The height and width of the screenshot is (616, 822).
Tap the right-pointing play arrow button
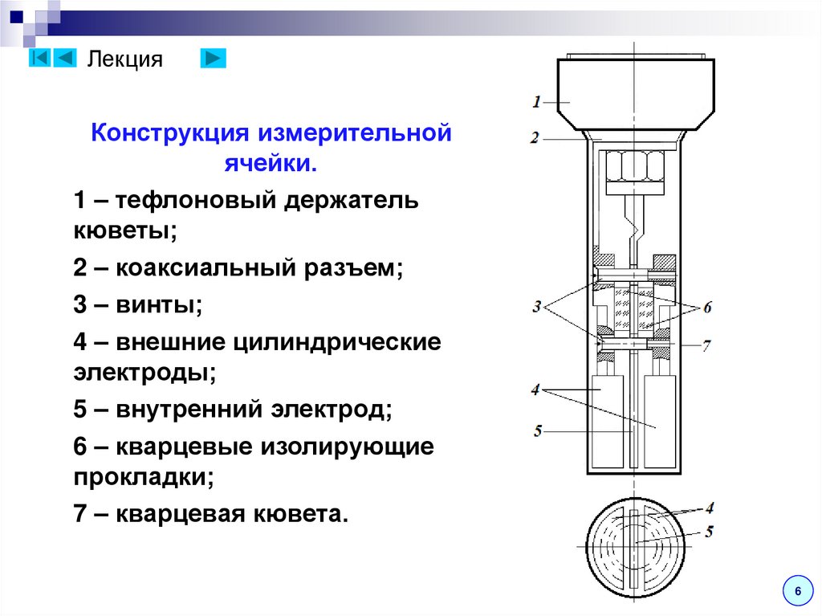[x=213, y=59]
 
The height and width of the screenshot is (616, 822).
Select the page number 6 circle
[x=797, y=591]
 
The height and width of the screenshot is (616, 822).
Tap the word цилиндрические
[x=337, y=343]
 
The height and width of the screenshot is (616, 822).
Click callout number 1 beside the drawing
[x=536, y=101]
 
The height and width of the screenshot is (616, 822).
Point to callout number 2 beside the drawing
[x=535, y=138]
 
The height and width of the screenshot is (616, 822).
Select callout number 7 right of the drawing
[x=706, y=346]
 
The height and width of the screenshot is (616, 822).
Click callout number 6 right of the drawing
[x=707, y=307]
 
